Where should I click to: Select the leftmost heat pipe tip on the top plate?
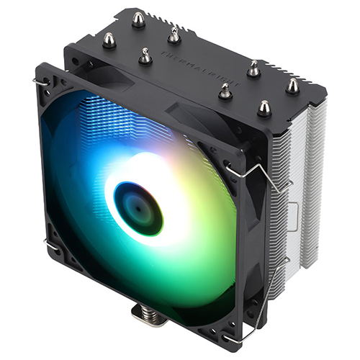(x=109, y=40)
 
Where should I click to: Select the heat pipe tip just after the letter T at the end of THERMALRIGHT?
(x=225, y=90)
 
